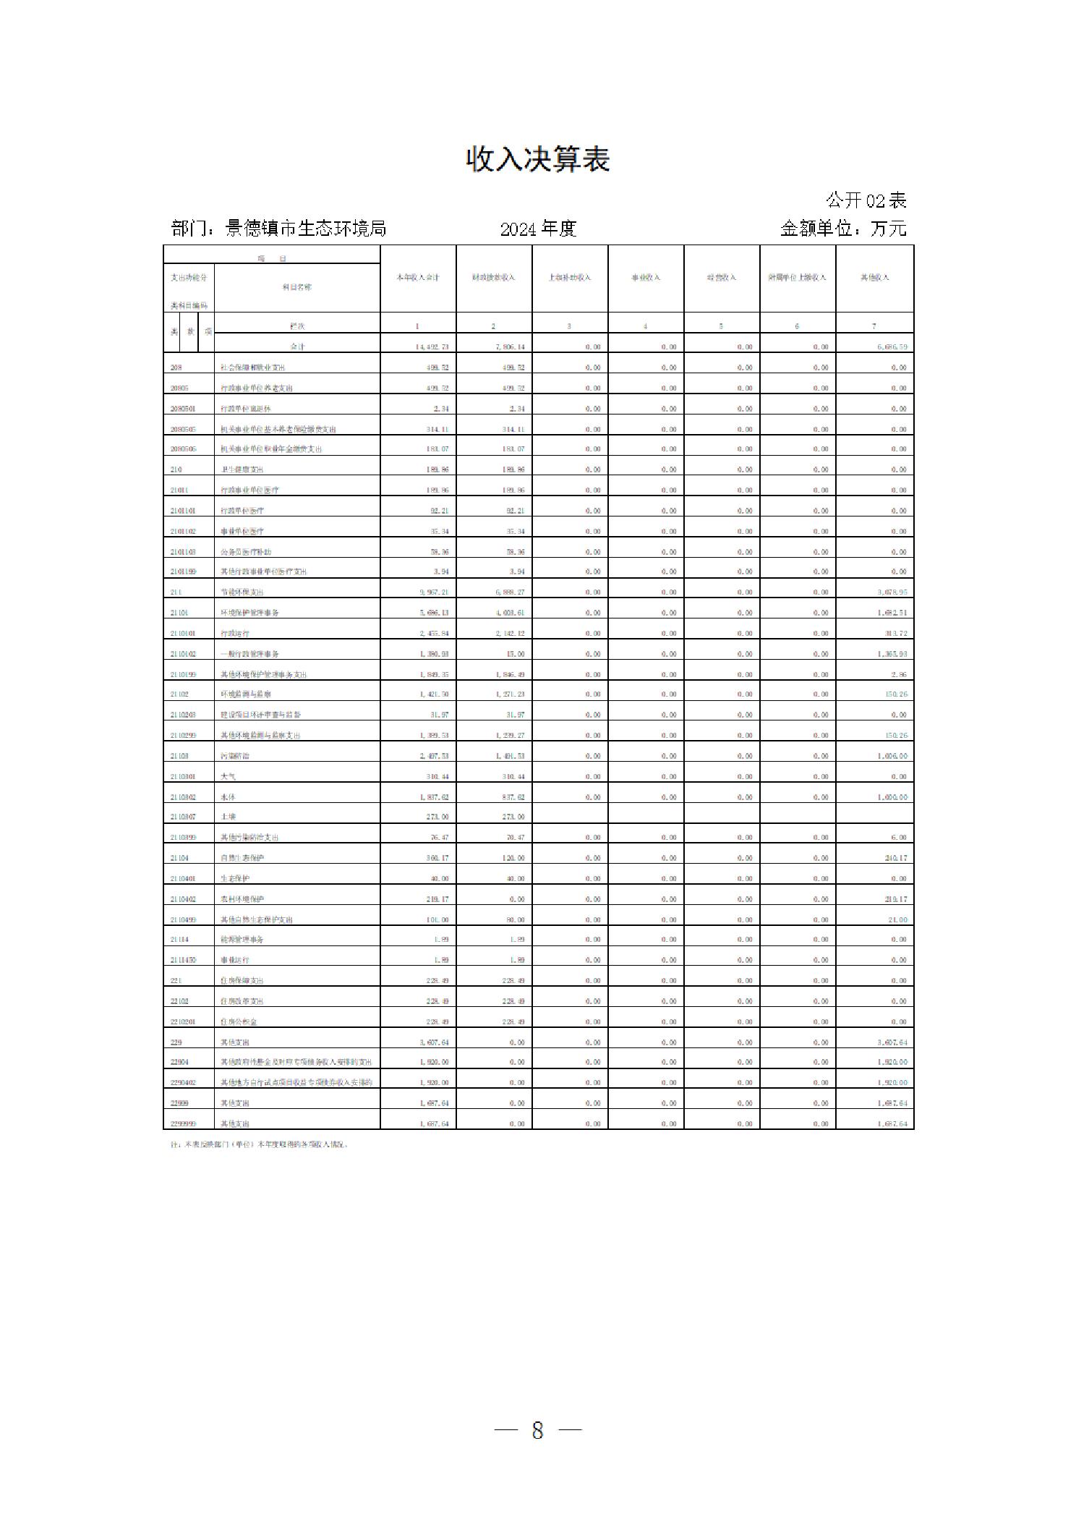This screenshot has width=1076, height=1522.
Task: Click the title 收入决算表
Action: coord(537,160)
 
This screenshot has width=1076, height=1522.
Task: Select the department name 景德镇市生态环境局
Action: coord(305,229)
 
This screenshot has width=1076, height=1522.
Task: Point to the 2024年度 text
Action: coord(537,229)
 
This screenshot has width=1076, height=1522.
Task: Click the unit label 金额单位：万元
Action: coord(842,229)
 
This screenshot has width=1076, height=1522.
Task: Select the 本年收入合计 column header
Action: coord(418,278)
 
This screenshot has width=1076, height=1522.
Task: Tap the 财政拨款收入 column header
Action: coord(494,278)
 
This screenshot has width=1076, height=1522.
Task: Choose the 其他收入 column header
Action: coord(874,278)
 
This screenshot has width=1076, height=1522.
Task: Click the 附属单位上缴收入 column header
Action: coord(797,278)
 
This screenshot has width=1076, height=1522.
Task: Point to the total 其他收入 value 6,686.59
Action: coord(892,347)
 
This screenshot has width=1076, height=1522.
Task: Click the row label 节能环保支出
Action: coord(239,592)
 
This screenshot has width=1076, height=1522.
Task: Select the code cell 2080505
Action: coord(183,430)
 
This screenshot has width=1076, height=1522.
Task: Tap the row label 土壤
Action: coord(228,817)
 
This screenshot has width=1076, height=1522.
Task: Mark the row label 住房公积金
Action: coord(239,1022)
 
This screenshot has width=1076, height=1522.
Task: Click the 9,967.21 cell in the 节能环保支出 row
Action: coord(433,592)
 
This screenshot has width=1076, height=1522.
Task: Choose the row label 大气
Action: coord(228,777)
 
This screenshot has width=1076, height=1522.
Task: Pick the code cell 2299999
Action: coord(183,1124)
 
